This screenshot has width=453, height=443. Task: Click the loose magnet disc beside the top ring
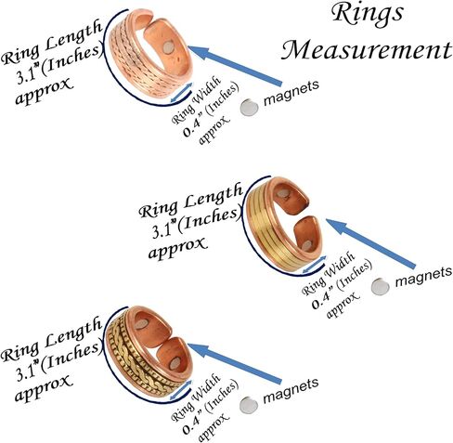(247, 108)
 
